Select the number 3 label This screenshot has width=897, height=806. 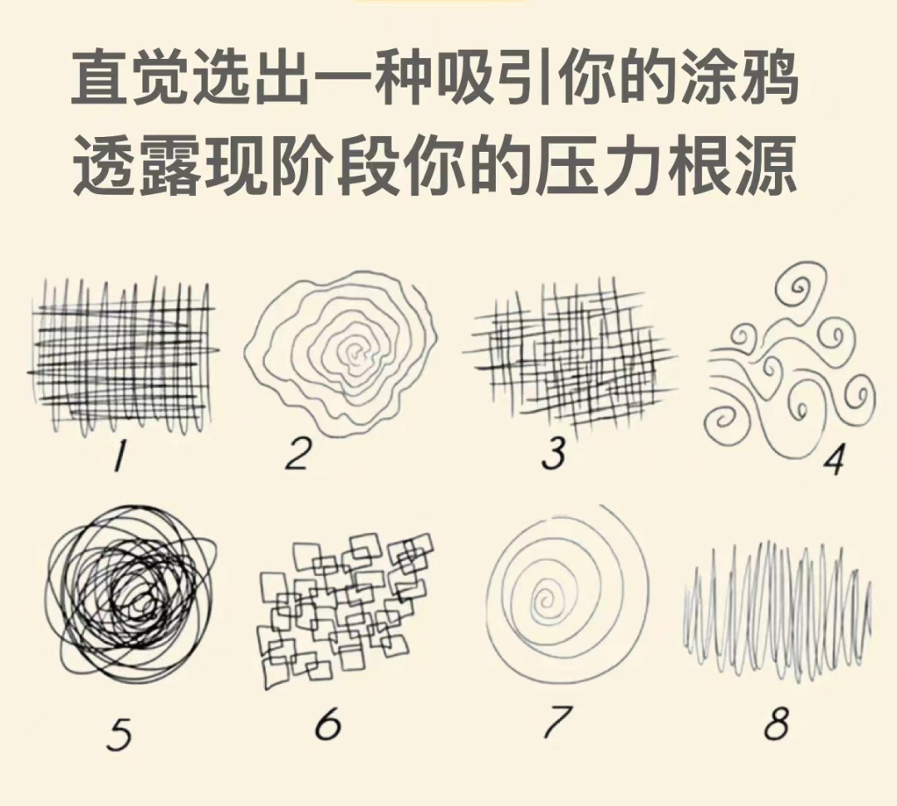pyautogui.click(x=553, y=454)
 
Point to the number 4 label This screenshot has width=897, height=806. pyautogui.click(x=834, y=460)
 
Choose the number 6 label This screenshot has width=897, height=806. pyautogui.click(x=328, y=724)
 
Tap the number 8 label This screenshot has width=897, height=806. pyautogui.click(x=777, y=722)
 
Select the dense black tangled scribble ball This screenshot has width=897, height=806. pyautogui.click(x=131, y=594)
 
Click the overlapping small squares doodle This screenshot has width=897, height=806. pyautogui.click(x=343, y=609)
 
